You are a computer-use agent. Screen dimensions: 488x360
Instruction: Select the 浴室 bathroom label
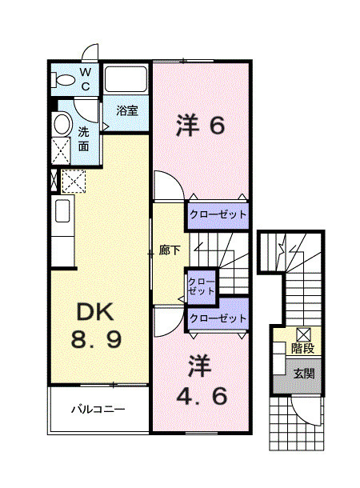(x=127, y=110)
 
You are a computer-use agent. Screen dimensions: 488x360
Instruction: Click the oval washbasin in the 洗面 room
(x=62, y=123)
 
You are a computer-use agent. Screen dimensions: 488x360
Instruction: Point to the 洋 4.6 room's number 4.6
(x=201, y=395)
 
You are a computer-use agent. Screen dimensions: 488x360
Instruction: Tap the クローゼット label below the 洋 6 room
(x=218, y=214)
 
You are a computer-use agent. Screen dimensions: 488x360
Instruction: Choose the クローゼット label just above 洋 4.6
(x=218, y=318)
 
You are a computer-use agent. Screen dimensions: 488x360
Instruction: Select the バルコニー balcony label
(x=98, y=410)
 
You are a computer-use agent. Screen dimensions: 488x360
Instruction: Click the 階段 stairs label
(x=302, y=349)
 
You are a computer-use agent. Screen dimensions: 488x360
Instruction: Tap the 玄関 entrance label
(x=302, y=374)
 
